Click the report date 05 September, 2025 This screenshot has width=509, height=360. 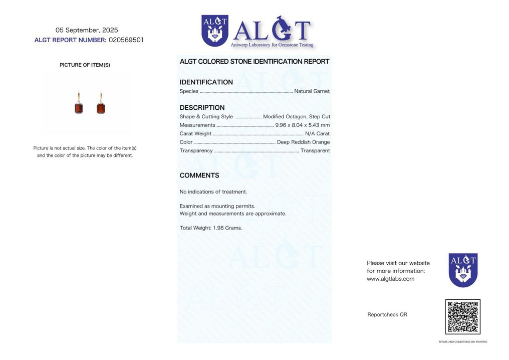[87, 30]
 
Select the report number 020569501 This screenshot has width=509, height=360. [126, 40]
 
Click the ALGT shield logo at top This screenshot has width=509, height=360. [215, 31]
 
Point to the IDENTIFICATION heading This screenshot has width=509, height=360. [206, 82]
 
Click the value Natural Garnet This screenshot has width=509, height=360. [312, 91]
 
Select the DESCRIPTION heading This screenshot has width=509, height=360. [202, 108]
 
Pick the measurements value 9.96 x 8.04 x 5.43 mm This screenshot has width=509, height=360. [303, 125]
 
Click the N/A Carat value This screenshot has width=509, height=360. [317, 134]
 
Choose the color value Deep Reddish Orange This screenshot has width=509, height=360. [303, 142]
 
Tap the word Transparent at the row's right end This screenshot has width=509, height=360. [315, 151]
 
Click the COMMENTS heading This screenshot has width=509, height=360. [199, 175]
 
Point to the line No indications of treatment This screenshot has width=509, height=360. [213, 192]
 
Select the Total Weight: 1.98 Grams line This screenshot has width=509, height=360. [211, 228]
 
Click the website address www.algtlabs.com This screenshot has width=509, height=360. [390, 279]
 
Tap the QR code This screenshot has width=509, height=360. [462, 316]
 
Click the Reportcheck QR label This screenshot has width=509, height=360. [387, 315]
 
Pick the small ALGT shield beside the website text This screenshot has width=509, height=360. [463, 270]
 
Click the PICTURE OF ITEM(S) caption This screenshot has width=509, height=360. [85, 65]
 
